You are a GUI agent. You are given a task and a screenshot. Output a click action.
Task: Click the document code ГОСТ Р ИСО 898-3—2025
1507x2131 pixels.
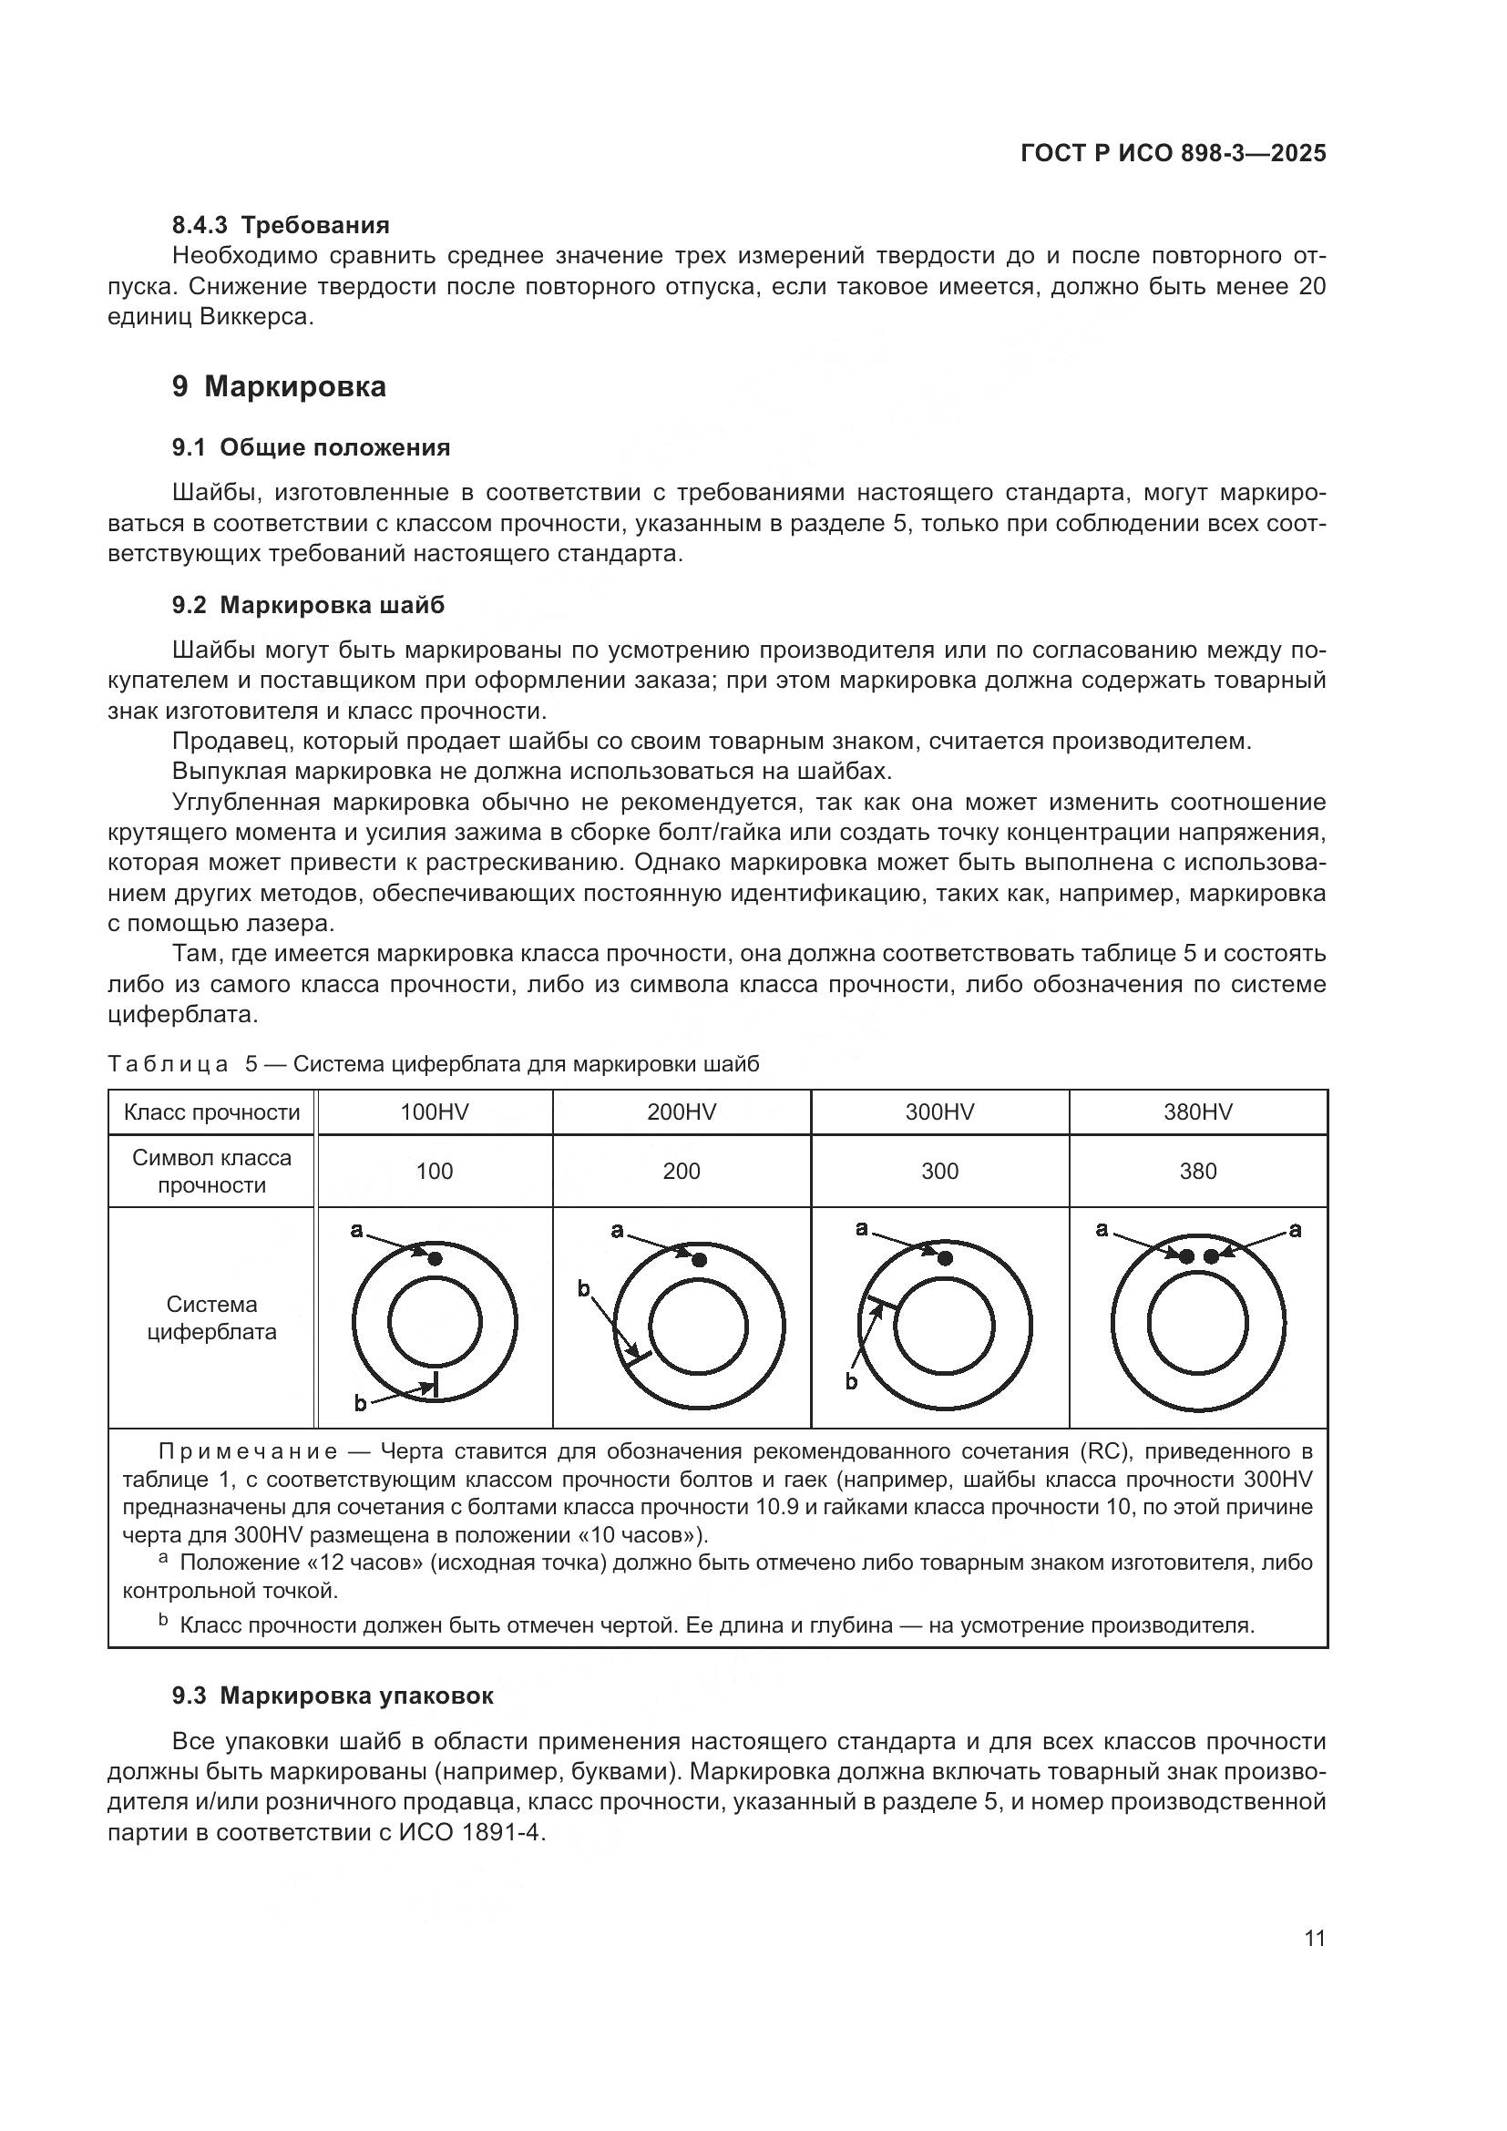[x=1173, y=154]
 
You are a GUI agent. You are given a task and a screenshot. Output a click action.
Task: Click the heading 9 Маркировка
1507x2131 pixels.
[x=279, y=386]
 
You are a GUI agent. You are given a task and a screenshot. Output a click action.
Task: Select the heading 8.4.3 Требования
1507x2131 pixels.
[x=281, y=225]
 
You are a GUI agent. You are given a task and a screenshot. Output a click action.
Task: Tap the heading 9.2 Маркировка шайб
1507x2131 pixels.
[x=308, y=605]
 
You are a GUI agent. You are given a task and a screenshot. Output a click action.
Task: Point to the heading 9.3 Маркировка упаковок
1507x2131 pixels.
[x=333, y=1696]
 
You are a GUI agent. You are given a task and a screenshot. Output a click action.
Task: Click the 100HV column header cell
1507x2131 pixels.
[x=435, y=1112]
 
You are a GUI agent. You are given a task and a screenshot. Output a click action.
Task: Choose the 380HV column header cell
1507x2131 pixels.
[x=1198, y=1112]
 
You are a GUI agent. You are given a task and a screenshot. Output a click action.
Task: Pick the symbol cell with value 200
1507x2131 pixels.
[x=682, y=1172]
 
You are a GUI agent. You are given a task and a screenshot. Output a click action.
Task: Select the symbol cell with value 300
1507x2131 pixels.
[x=939, y=1172]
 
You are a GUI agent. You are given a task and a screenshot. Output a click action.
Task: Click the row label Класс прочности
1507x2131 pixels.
[x=212, y=1112]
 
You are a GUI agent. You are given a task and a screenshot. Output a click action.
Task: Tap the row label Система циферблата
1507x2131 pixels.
[x=212, y=1318]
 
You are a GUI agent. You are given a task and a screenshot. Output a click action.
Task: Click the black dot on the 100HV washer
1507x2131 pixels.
[x=436, y=1258]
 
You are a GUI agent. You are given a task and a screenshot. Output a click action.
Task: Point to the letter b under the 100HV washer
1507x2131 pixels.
[x=361, y=1404]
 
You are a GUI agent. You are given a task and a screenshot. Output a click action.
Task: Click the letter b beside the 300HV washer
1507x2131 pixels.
[x=851, y=1381]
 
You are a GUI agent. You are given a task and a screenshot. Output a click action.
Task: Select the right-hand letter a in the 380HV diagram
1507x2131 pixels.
[x=1295, y=1231]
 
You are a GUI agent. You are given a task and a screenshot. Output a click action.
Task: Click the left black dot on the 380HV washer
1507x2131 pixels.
[x=1185, y=1255]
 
